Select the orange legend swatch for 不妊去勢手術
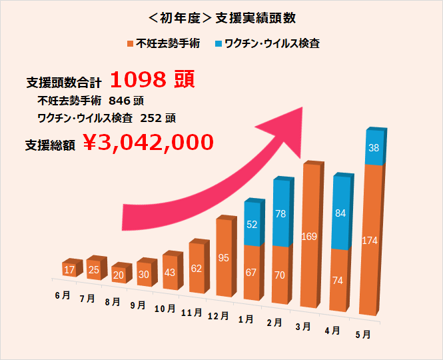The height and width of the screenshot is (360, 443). click(x=130, y=44)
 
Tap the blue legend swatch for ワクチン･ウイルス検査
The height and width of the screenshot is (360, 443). click(x=219, y=44)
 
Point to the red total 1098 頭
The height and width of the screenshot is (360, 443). click(x=151, y=81)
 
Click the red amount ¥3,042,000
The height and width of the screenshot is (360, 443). click(x=149, y=142)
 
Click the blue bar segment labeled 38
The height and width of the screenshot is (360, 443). click(x=374, y=149)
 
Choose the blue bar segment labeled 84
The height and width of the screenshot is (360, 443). click(x=340, y=213)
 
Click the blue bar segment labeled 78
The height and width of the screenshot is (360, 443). click(x=280, y=213)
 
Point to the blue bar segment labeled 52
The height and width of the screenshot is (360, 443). click(x=252, y=224)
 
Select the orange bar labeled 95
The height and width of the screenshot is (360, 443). click(x=224, y=257)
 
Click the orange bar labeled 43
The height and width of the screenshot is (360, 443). click(x=171, y=273)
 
